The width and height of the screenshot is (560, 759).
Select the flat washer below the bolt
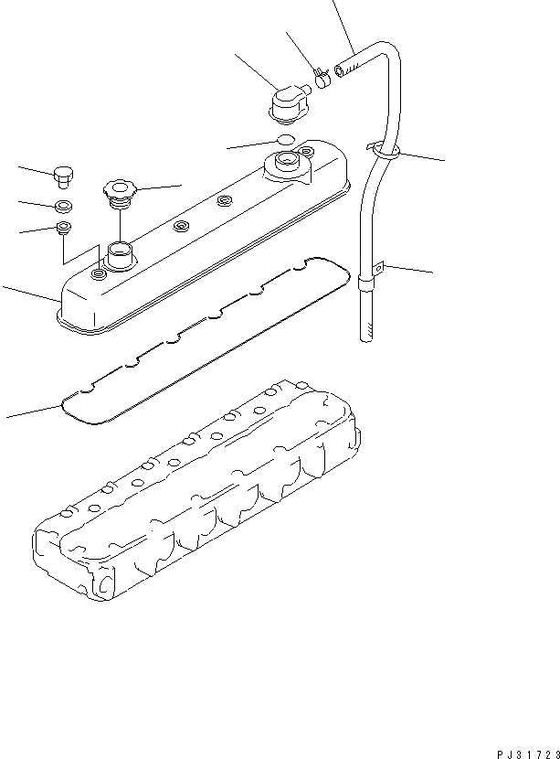pyautogui.click(x=64, y=206)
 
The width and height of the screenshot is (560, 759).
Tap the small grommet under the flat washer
pyautogui.click(x=64, y=228)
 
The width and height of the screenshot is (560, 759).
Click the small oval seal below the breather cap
pyautogui.click(x=285, y=139)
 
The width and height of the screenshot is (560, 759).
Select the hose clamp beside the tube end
pyautogui.click(x=321, y=76)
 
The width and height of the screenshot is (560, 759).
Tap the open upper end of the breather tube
pyautogui.click(x=340, y=68)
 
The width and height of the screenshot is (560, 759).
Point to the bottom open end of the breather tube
pyautogui.click(x=364, y=335)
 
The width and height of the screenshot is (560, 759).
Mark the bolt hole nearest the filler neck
pyautogui.click(x=97, y=272)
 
